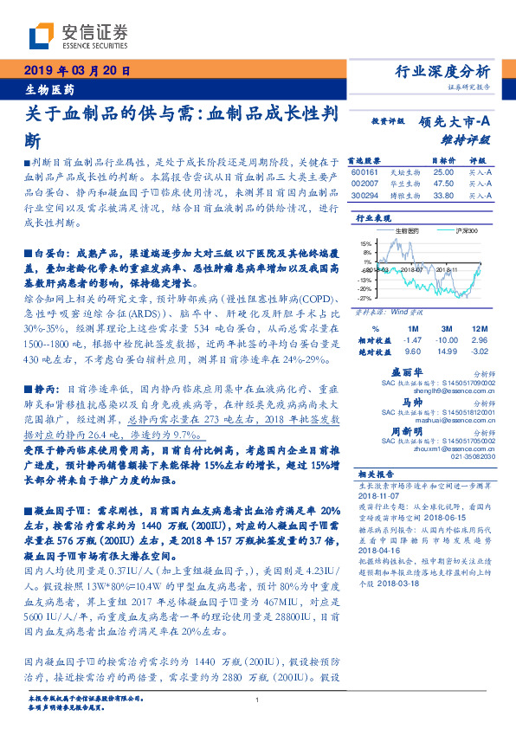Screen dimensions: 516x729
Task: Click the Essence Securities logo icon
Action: click(x=42, y=36)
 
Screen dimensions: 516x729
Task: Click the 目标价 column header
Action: click(x=442, y=161)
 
